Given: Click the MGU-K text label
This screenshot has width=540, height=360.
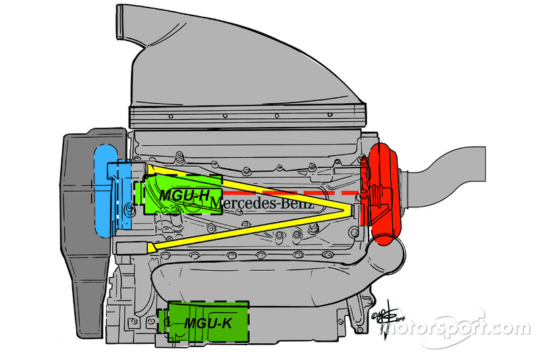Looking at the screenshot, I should (208, 324).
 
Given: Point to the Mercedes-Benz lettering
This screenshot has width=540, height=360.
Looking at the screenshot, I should (263, 202).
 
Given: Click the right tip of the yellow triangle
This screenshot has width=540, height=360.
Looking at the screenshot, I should (350, 211).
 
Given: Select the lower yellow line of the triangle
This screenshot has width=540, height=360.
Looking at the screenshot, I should (256, 230).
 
